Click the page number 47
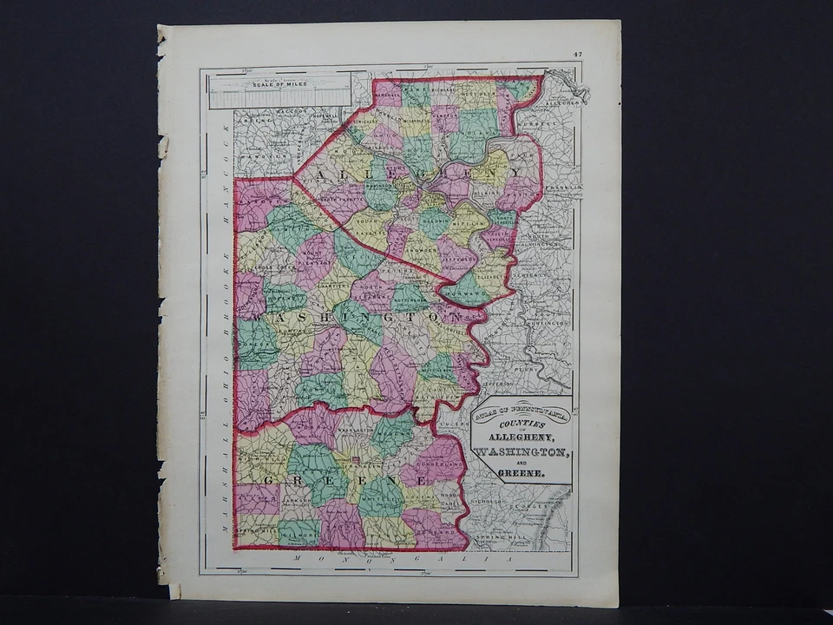coord(577,55)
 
